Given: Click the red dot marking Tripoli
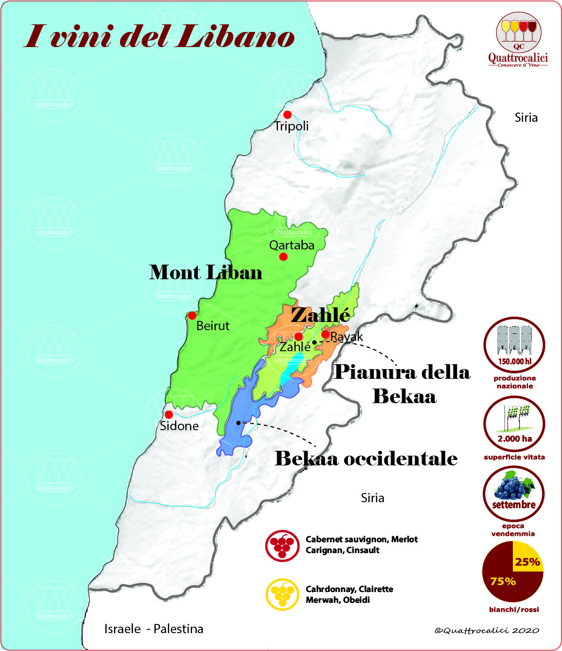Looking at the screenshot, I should (287, 115).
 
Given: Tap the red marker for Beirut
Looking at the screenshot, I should (192, 315).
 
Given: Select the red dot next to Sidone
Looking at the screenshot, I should (169, 414).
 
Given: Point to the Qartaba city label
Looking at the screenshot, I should (292, 245).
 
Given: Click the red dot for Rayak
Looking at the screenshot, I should (325, 334).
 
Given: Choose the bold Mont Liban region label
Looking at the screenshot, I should (205, 272).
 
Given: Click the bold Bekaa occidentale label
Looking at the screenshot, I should (366, 459).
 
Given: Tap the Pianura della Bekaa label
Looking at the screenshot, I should (403, 384).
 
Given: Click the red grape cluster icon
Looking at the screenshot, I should (282, 545).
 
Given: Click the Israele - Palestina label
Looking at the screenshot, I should (153, 629).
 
